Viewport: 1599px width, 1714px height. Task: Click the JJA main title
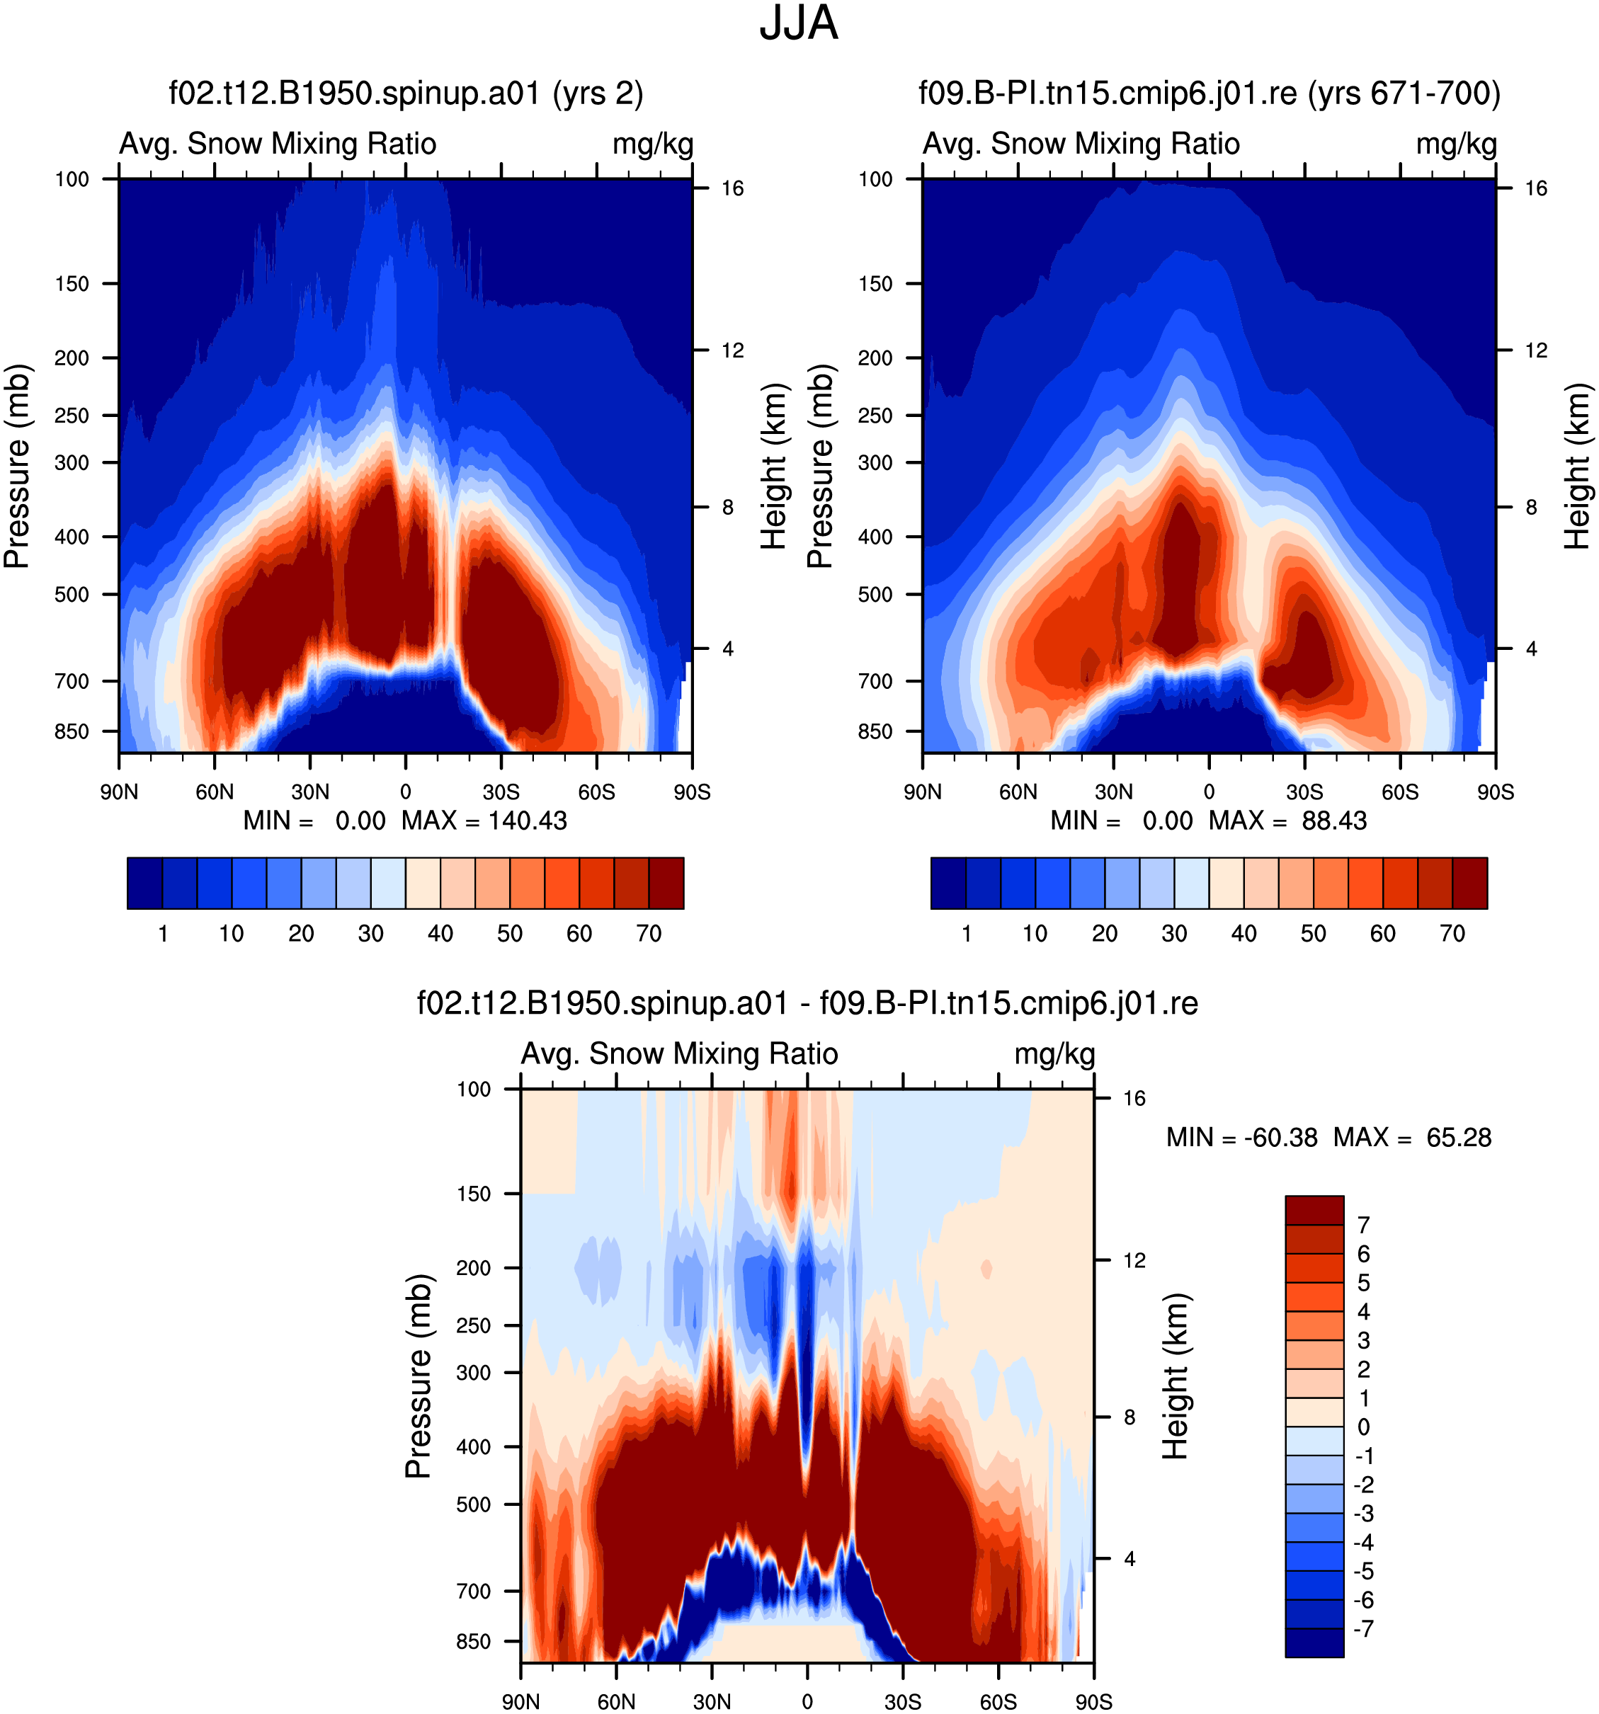coord(798,23)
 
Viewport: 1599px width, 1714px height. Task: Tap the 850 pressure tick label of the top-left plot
coord(72,731)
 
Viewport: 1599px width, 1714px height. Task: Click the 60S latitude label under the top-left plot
coord(597,792)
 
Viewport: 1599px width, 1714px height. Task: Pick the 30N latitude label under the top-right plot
coord(1113,792)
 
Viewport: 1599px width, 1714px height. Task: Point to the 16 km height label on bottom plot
coord(1134,1097)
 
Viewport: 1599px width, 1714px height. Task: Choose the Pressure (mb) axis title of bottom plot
coord(419,1376)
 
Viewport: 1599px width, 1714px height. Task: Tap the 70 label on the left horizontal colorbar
coord(649,933)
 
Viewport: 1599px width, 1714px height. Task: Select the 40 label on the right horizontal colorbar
coord(1244,933)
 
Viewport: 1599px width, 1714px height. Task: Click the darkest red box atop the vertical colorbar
coord(1314,1211)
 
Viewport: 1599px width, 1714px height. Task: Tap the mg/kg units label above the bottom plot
coord(1054,1054)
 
